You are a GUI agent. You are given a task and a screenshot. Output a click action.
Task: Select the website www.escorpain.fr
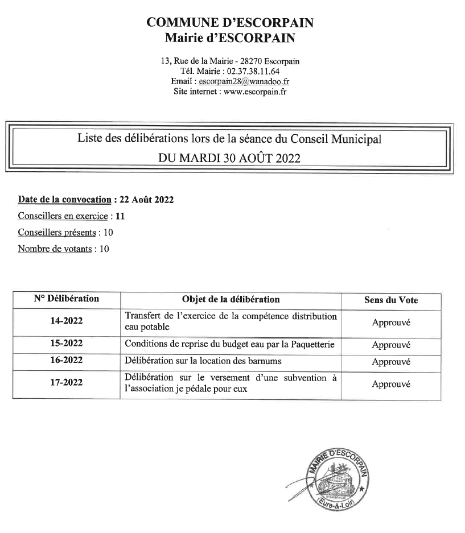pos(255,92)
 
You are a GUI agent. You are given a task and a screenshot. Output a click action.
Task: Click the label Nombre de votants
pos(55,249)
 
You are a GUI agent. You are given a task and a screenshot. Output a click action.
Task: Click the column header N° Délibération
pos(66,299)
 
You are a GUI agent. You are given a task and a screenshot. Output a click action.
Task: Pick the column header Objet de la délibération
pos(231,299)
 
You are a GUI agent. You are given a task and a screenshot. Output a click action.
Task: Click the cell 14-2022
pos(66,321)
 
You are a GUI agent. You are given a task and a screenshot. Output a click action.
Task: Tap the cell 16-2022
pos(66,360)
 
